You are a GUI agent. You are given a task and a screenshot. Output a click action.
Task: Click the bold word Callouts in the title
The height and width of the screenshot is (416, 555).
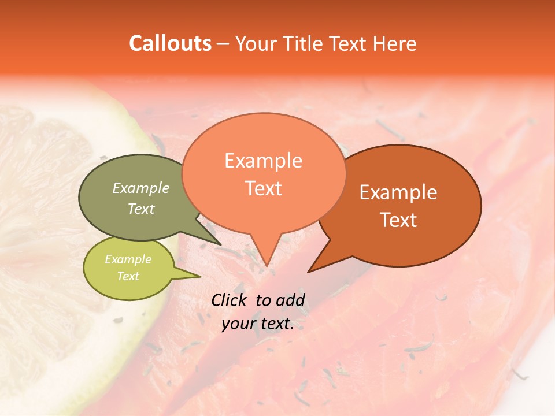pos(170,43)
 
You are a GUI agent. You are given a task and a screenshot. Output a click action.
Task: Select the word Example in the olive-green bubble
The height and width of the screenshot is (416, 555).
pos(141,188)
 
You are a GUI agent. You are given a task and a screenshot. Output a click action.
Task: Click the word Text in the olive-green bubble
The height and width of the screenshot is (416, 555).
pos(141,209)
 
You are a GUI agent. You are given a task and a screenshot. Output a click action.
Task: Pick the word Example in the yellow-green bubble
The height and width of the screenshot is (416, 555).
pos(128,259)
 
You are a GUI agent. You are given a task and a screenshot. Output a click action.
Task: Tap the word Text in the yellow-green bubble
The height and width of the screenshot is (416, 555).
pos(128,276)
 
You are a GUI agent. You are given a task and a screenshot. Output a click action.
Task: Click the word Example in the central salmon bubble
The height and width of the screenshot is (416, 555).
pos(263,161)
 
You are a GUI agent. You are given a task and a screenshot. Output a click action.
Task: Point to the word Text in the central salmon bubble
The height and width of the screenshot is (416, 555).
pos(263,188)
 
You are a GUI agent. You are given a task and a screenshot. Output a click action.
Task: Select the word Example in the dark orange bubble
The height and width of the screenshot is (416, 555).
pos(398,192)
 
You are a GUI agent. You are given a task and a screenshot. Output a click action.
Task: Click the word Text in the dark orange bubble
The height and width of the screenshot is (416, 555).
pos(398,220)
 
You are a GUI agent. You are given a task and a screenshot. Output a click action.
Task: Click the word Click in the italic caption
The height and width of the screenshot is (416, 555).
pos(230,300)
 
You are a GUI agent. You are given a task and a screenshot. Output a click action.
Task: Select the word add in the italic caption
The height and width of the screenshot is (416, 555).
pos(291,300)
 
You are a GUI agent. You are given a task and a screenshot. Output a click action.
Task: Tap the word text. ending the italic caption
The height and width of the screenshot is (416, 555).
pos(276,324)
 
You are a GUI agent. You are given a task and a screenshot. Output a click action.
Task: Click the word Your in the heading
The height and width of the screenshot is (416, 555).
pos(257,43)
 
